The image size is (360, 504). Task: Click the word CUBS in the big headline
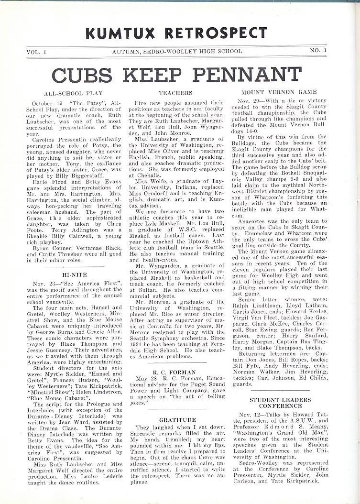[x=83, y=75]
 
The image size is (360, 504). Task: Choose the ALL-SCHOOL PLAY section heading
[x=73, y=93]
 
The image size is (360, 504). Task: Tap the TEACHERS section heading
[x=175, y=93]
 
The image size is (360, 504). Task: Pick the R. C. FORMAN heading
[x=175, y=372]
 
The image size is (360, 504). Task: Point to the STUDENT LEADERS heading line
[x=280, y=400]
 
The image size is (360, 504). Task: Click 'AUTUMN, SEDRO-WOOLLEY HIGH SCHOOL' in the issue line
[x=177, y=51]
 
